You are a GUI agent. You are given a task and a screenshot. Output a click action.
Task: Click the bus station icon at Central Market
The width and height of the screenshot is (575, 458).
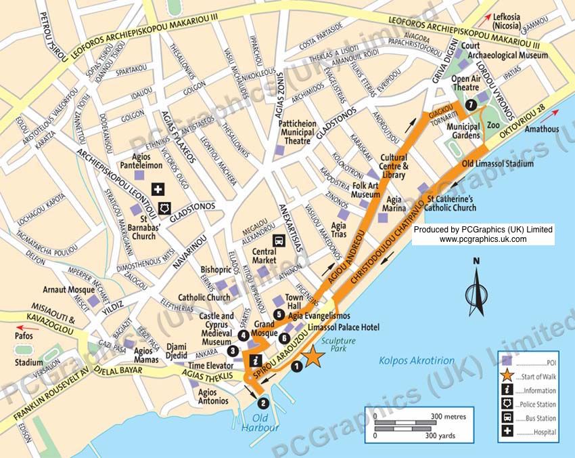pos(278,241)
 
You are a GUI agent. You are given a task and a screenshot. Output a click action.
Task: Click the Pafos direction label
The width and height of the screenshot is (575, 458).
pos(24,334)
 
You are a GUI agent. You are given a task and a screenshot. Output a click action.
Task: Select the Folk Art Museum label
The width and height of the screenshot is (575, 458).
pos(366,189)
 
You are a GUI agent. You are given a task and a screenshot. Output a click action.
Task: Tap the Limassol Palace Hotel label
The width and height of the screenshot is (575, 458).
pos(343,327)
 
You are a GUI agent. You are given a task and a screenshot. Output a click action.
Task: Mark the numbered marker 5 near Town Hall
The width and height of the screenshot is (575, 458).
pos(279,314)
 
